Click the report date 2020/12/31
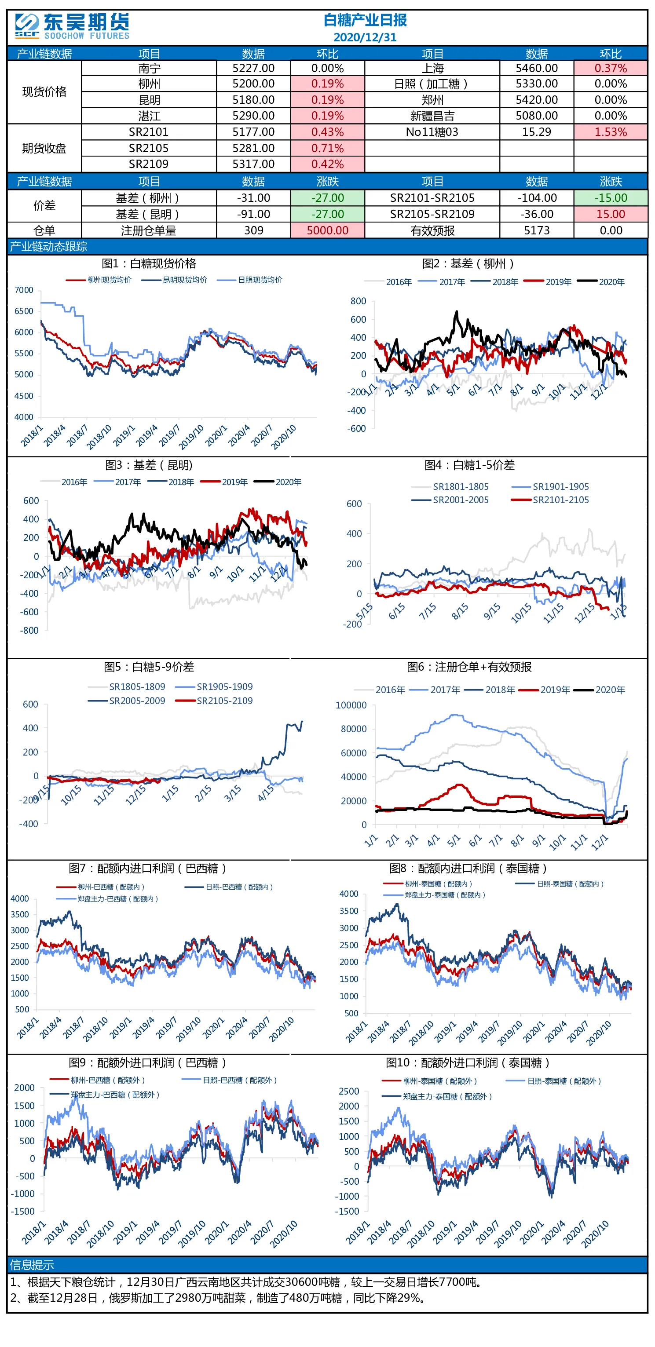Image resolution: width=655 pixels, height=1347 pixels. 365,37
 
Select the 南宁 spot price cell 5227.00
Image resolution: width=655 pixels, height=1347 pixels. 253,68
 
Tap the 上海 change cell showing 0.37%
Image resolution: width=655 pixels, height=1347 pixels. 611,68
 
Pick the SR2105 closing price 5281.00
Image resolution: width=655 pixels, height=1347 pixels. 253,148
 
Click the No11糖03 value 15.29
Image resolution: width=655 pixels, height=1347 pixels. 537,132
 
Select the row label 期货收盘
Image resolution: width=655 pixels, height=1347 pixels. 44,148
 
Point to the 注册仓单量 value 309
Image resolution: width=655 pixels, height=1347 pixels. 254,230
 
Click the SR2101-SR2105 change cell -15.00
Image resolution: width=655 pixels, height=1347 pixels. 611,197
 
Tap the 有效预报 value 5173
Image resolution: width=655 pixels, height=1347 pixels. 537,230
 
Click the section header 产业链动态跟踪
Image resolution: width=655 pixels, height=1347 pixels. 49,246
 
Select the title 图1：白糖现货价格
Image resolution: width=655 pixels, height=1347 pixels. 149,263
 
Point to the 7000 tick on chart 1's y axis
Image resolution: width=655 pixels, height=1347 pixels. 24,290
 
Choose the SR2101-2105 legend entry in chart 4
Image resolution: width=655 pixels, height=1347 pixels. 550,500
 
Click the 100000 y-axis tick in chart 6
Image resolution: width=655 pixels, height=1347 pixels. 351,705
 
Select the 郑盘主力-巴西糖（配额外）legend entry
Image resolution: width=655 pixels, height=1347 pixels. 105,1095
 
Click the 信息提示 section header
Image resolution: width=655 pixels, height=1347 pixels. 32,1265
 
